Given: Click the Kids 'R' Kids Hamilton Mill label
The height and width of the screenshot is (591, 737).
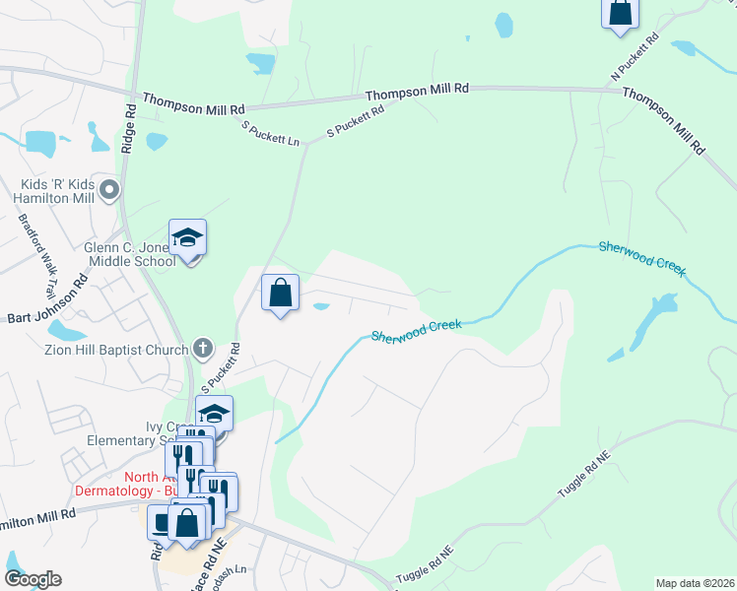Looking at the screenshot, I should point(56,191).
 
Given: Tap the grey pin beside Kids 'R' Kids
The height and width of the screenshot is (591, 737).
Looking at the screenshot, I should point(109,189).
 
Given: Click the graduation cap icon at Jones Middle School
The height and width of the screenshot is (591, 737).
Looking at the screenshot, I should point(187,237).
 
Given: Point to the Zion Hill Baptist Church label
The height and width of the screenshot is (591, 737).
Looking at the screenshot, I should point(115,349).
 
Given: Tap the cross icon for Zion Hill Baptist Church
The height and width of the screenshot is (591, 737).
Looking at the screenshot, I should point(202,348).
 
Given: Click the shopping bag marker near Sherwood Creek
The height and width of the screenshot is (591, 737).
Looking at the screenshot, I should point(281,293).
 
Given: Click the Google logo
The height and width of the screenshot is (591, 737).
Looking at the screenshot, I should point(32,579).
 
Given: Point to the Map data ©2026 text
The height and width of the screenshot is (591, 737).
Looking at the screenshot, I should point(694,583).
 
